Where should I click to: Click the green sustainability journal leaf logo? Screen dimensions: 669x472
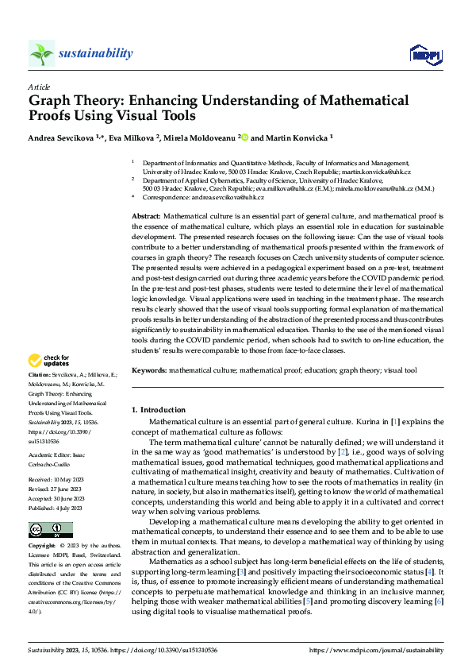click(42, 53)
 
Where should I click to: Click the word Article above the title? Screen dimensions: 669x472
click(39, 86)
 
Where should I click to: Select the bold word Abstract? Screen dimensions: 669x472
click(147, 215)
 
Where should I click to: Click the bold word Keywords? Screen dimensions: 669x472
click(149, 371)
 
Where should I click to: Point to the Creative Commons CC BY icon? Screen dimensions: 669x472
click(50, 530)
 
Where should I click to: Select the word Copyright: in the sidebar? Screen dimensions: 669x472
click(42, 547)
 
